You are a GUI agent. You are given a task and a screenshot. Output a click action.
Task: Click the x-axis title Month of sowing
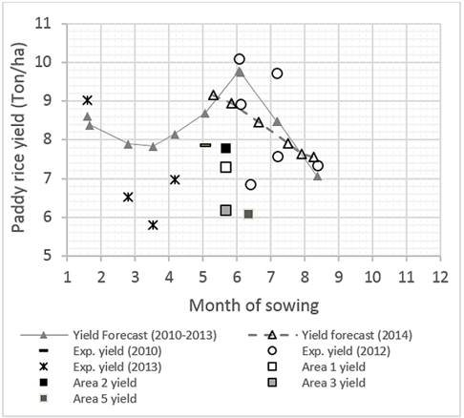pos(253,304)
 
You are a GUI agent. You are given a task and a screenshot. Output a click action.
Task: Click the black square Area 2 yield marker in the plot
pos(226,148)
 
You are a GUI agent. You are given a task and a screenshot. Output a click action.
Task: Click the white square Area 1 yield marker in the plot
pos(226,167)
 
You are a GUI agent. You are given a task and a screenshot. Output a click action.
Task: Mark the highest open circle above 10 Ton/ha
pos(240,59)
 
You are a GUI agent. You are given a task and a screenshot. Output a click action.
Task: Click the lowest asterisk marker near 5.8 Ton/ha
pos(153,225)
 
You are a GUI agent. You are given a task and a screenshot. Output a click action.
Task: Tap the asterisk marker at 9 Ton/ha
pos(88,100)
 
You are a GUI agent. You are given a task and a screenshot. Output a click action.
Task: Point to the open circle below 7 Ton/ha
pos(250,184)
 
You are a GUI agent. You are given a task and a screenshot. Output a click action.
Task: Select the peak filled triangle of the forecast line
pos(240,72)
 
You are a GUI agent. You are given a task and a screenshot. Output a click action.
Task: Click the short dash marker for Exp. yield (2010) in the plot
pos(205,145)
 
